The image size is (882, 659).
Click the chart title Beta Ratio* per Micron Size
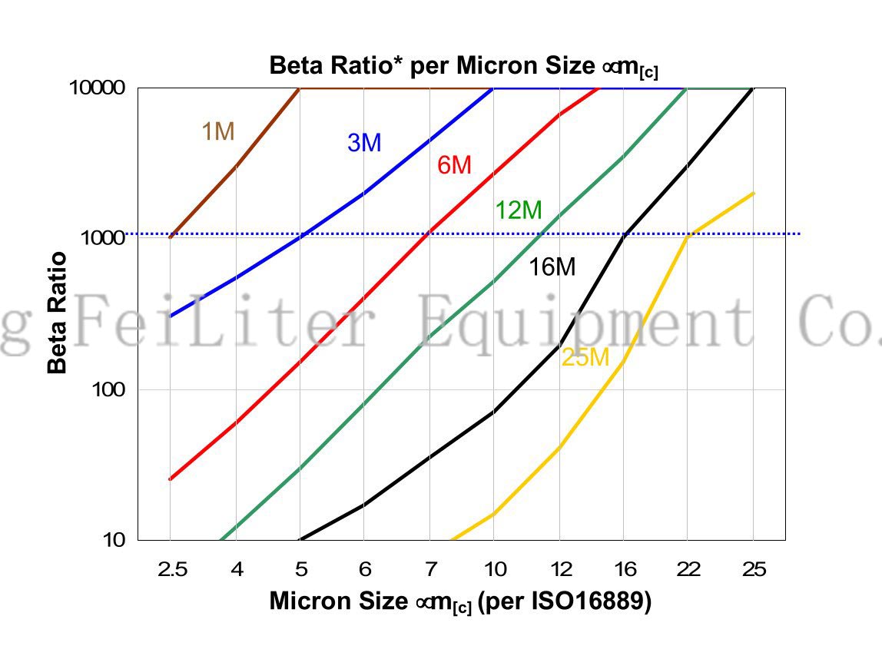(463, 66)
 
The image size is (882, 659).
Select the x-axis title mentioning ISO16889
(460, 602)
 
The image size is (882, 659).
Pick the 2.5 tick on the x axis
(171, 569)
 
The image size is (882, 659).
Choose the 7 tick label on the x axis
(430, 569)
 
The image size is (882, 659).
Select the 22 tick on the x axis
(689, 569)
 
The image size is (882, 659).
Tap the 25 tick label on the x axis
(754, 569)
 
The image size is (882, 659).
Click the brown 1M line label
(217, 132)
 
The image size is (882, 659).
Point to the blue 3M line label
(364, 143)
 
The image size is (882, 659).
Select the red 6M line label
(454, 164)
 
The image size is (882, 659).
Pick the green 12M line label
(518, 210)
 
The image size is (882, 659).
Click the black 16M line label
(552, 267)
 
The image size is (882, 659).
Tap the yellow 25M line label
(585, 357)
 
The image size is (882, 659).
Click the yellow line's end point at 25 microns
(754, 193)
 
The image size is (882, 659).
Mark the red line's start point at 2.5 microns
(170, 479)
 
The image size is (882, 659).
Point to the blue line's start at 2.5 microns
(170, 316)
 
